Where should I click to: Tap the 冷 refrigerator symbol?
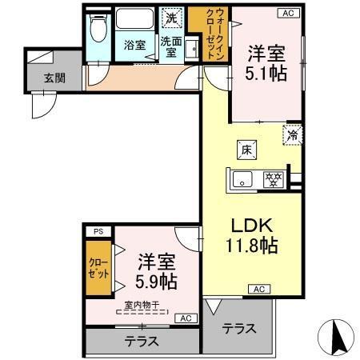coord(293,135)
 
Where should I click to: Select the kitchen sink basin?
coord(242,178)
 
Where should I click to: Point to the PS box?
coord(98,231)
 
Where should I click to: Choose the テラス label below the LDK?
coord(238,328)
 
